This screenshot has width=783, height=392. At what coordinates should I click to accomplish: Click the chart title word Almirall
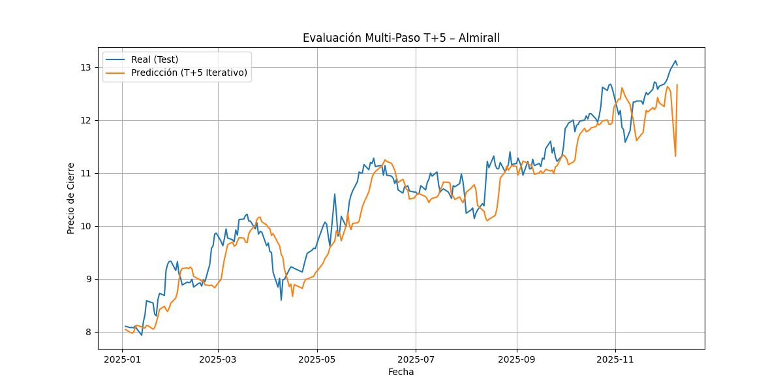point(479,38)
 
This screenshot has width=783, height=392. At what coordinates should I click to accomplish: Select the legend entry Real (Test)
point(155,59)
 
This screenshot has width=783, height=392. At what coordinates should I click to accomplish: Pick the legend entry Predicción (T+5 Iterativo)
point(189,73)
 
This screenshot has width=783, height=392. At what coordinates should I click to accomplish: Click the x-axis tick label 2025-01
point(123,359)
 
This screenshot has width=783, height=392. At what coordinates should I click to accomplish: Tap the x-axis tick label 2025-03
point(218,359)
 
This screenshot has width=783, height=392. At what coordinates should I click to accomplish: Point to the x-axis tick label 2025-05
point(317,359)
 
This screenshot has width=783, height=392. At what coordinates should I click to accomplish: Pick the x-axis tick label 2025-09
point(517,359)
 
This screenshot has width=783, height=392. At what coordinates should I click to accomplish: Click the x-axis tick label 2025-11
point(615,359)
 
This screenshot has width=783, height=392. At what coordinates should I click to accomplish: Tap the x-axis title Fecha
point(401,372)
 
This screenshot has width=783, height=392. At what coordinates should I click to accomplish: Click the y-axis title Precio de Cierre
point(71,198)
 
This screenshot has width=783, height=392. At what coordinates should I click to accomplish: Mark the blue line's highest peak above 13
point(675,61)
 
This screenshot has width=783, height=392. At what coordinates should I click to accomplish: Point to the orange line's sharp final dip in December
point(675,155)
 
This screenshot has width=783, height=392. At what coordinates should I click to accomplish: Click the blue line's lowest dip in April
point(281,299)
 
